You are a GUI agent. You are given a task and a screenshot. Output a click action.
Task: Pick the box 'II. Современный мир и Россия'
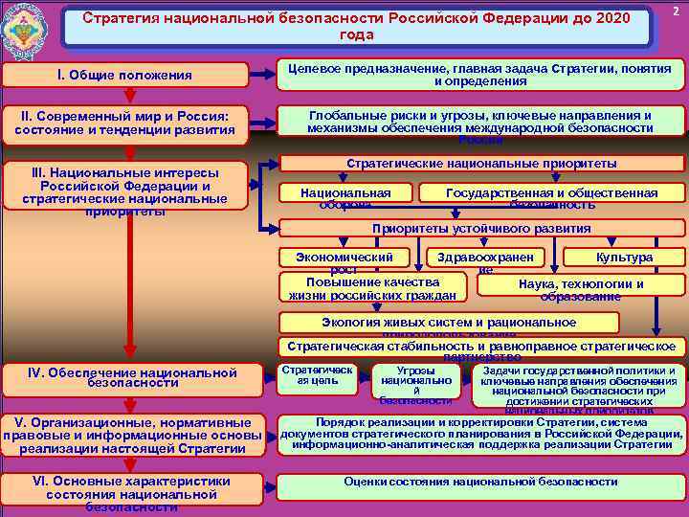pos(127,122)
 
